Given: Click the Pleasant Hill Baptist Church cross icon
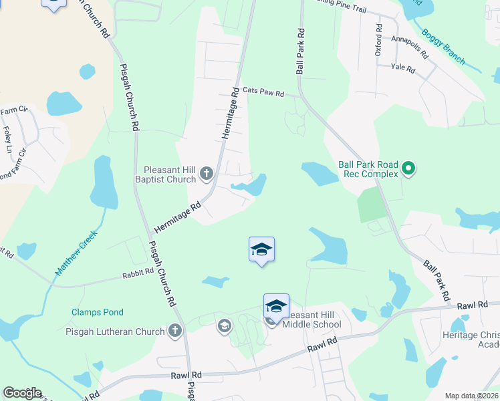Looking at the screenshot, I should [x=207, y=175].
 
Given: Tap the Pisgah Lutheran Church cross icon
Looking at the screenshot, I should [x=175, y=330].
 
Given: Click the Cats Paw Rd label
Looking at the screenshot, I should [x=263, y=92].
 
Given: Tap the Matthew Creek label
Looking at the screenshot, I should [x=76, y=253].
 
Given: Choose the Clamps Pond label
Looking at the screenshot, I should [x=98, y=312].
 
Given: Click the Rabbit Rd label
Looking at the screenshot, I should [x=138, y=274].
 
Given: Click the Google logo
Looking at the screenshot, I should [x=22, y=393].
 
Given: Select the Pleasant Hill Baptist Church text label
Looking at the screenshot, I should [x=168, y=174].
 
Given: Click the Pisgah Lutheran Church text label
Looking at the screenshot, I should [x=115, y=331].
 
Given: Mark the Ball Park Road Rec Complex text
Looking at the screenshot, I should [x=368, y=169].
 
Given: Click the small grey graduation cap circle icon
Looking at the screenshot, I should [x=224, y=326].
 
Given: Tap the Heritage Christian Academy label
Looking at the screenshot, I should [x=471, y=340].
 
